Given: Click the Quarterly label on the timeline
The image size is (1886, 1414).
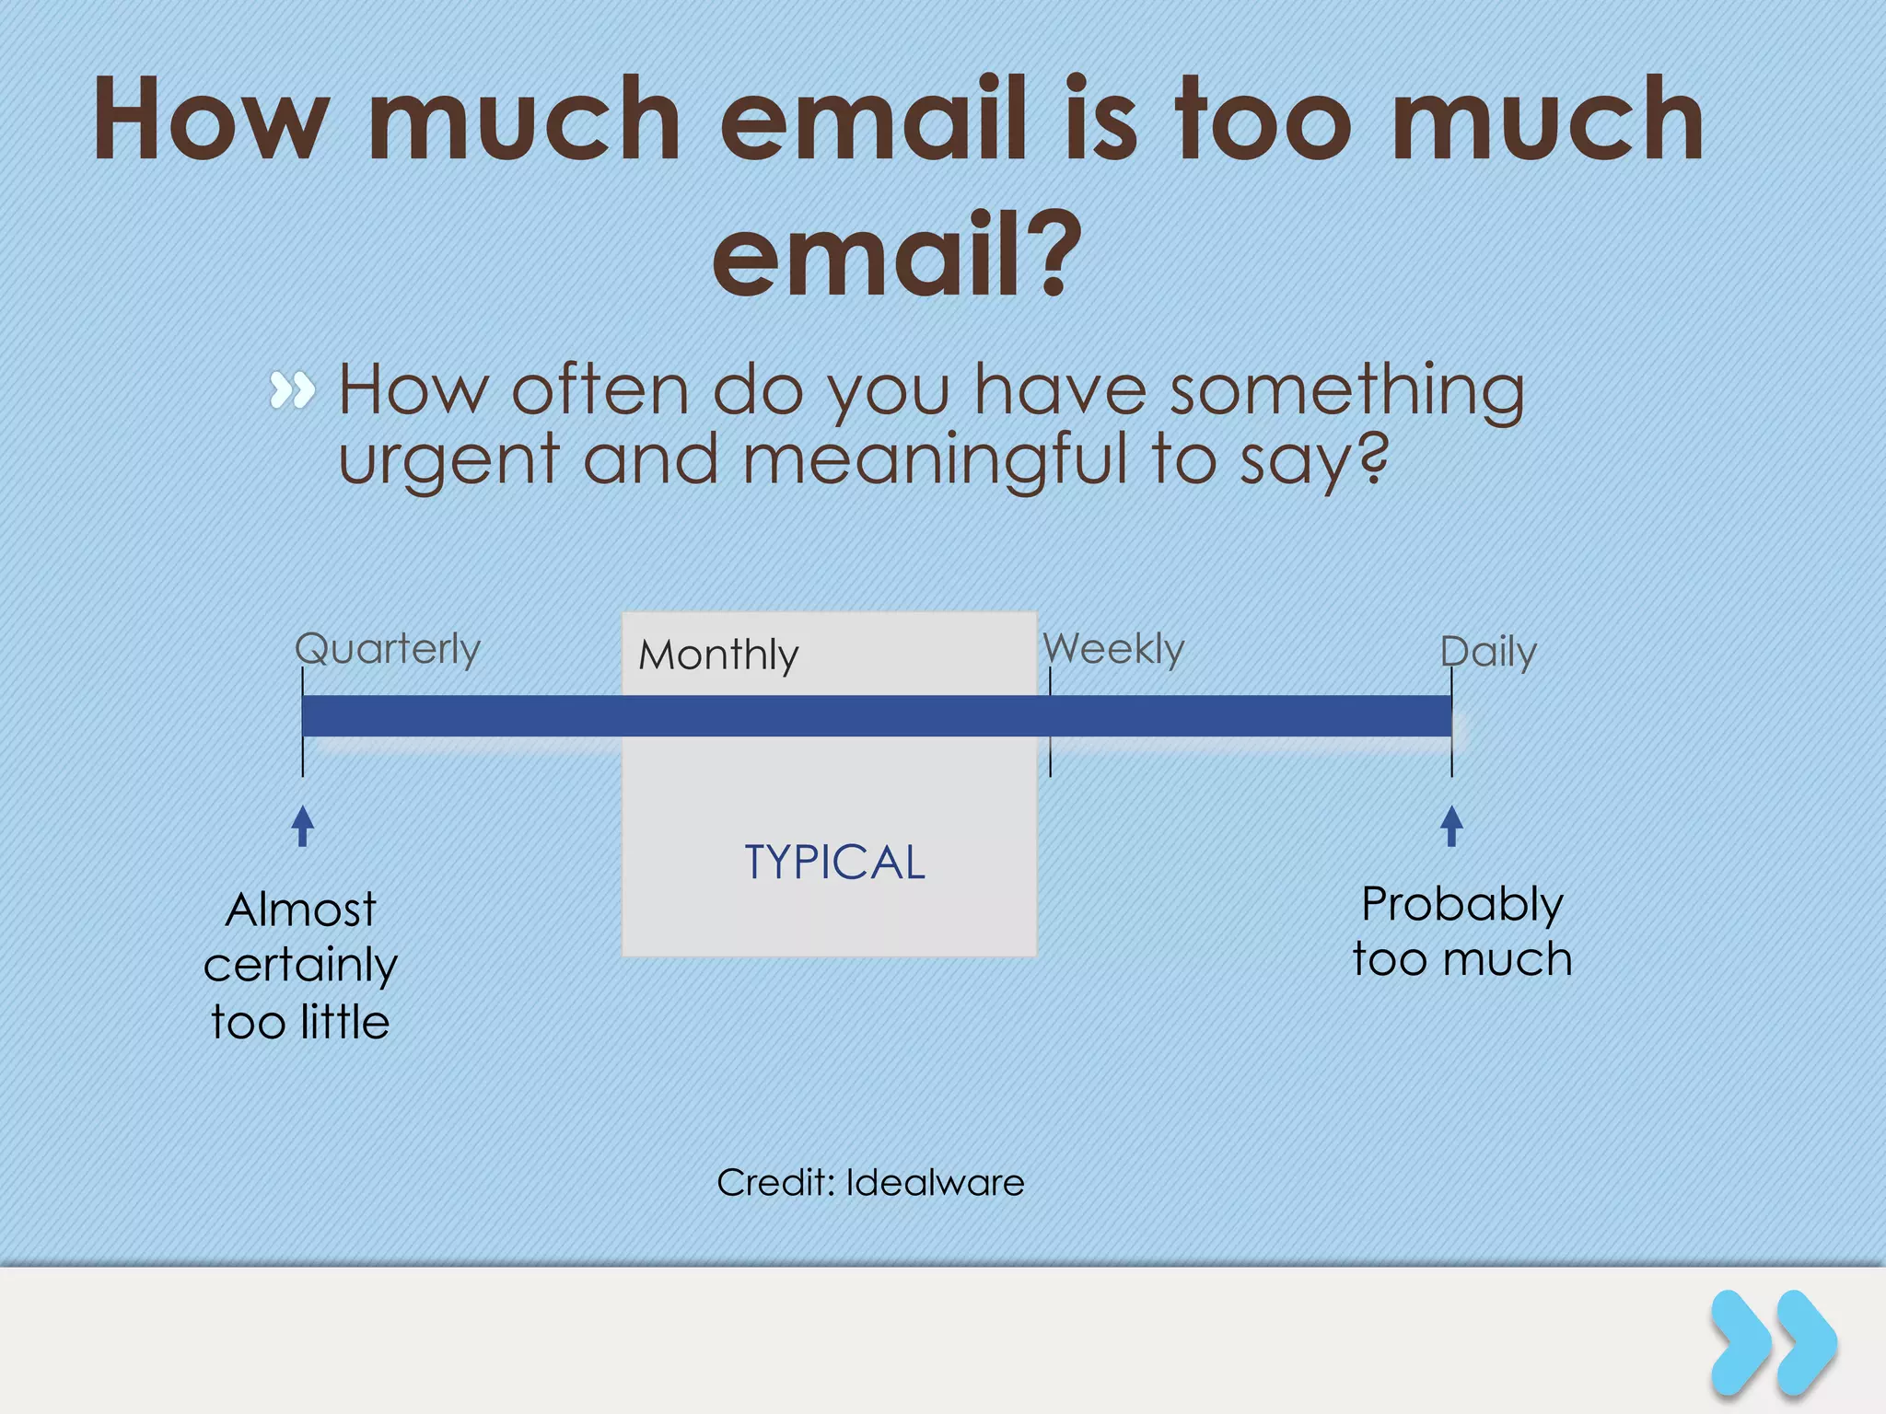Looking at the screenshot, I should [388, 650].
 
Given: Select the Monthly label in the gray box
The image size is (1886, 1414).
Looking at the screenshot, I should [718, 655].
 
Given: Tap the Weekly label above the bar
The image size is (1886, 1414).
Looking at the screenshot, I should [1113, 649].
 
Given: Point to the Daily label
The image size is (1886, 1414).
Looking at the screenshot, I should [1488, 652].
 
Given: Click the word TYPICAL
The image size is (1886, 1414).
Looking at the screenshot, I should [834, 863].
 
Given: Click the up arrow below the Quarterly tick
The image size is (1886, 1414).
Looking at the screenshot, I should [302, 826].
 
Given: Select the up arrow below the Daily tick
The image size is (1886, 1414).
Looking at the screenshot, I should [1451, 826].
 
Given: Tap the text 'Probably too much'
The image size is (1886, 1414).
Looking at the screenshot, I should [1461, 931].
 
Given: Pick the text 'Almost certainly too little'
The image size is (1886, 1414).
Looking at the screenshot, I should [300, 965].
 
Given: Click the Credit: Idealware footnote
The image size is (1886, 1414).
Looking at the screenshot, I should [870, 1182].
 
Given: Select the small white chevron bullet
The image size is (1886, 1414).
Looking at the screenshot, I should [292, 390].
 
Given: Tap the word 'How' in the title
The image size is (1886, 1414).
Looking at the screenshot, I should [211, 120].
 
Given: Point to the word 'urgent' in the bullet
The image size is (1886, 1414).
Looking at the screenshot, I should [449, 460].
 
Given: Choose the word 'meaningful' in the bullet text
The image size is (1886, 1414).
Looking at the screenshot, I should [936, 460].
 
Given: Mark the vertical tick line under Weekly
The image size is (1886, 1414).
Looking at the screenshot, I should [1050, 723].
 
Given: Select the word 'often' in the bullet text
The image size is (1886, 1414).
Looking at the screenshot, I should [600, 390].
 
